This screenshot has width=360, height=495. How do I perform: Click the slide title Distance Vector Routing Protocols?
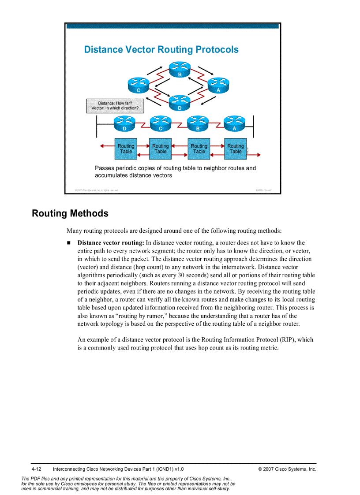coord(161,49)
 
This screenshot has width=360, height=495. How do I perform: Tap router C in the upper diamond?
coord(138,84)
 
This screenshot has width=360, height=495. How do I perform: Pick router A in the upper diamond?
coord(218,84)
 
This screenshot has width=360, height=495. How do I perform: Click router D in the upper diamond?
coord(180,102)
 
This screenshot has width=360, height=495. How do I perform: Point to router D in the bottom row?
coord(124,123)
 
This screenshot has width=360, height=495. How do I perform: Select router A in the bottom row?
coord(234,123)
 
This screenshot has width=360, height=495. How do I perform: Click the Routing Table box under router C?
coord(161,149)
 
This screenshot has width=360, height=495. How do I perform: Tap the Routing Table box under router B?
coord(199,149)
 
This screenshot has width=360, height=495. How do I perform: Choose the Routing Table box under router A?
coord(236,149)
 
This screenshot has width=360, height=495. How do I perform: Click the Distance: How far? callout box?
coord(115,106)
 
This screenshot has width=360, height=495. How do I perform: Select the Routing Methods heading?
coord(70,213)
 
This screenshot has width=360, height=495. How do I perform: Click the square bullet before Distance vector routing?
coord(69,243)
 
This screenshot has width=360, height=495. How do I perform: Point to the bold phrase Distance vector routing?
coord(111,243)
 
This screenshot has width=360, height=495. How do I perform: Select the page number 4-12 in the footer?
coord(36,469)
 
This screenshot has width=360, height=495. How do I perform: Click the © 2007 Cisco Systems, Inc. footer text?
coord(287,469)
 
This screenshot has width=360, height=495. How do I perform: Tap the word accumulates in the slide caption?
coord(111,175)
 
